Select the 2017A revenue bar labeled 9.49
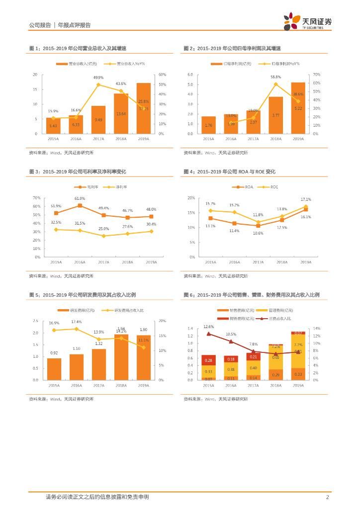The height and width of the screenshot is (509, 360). pyautogui.click(x=98, y=120)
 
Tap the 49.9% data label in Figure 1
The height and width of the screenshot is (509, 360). pyautogui.click(x=98, y=78)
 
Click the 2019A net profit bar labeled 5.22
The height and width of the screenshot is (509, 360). pyautogui.click(x=298, y=108)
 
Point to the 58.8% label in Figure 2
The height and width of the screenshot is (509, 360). pyautogui.click(x=275, y=77)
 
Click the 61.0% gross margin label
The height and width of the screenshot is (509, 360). pyautogui.click(x=80, y=198)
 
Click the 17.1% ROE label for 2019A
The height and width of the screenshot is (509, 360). pyautogui.click(x=306, y=199)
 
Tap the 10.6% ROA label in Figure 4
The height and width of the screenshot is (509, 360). pyautogui.click(x=258, y=233)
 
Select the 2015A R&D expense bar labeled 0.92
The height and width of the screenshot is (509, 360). pyautogui.click(x=54, y=369)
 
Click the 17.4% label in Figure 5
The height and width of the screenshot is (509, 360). pyautogui.click(x=77, y=322)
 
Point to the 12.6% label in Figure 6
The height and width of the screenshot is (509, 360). pyautogui.click(x=208, y=327)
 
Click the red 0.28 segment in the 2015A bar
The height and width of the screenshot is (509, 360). pyautogui.click(x=208, y=360)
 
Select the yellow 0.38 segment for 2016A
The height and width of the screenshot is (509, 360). pyautogui.click(x=231, y=369)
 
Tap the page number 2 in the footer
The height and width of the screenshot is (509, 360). pyautogui.click(x=327, y=497)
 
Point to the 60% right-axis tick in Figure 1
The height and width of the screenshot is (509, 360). pyautogui.click(x=162, y=75)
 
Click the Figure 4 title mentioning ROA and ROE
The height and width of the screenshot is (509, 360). pyautogui.click(x=229, y=172)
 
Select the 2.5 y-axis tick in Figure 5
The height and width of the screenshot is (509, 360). pyautogui.click(x=35, y=321)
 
